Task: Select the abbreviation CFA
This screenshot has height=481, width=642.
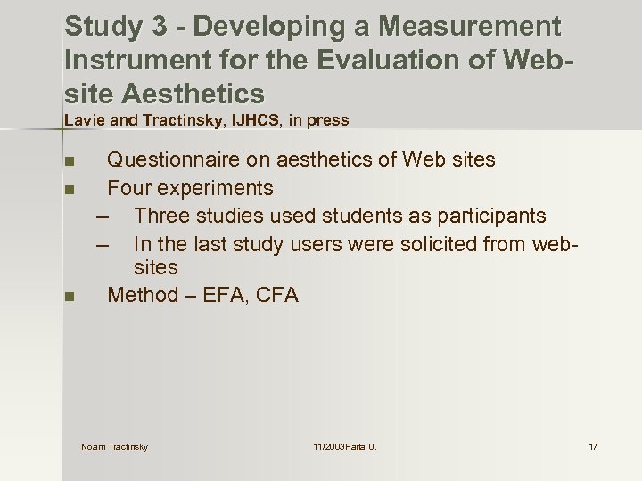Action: coord(277,295)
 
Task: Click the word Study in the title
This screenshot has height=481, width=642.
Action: coord(103,27)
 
